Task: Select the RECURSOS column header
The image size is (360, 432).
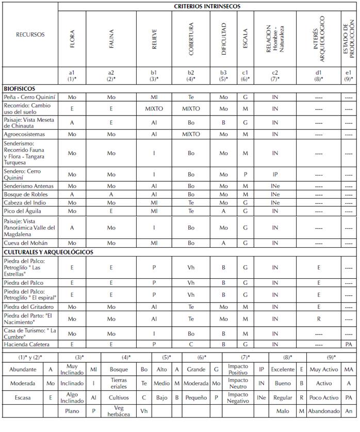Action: pyautogui.click(x=30, y=35)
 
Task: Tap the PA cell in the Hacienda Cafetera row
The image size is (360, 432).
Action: pyautogui.click(x=349, y=344)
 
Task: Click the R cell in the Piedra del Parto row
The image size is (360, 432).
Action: pyautogui.click(x=319, y=319)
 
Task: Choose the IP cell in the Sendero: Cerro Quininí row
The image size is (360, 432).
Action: pyautogui.click(x=275, y=174)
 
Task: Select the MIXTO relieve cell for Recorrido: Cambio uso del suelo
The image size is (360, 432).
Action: pyautogui.click(x=154, y=109)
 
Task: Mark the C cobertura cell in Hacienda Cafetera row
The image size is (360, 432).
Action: pyautogui.click(x=191, y=344)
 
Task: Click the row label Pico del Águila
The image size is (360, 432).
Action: pyautogui.click(x=23, y=211)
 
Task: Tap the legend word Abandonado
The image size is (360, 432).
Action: pyautogui.click(x=323, y=411)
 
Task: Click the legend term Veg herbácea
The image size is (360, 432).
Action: pyautogui.click(x=119, y=411)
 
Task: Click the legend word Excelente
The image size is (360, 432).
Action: pyautogui.click(x=283, y=370)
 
